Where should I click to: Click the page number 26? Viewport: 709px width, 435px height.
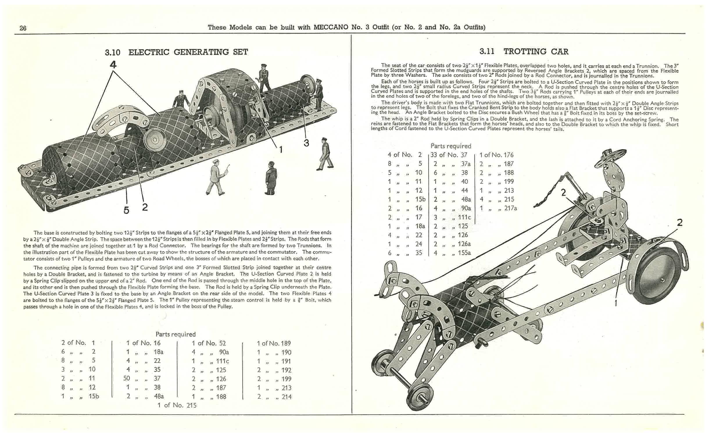tap(23, 28)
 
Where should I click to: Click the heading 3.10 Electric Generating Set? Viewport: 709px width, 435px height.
tap(176, 52)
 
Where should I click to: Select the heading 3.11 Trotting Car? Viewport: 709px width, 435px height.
tap(524, 51)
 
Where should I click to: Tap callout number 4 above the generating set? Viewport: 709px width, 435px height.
tap(113, 65)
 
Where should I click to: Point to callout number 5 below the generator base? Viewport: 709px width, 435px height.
tap(126, 210)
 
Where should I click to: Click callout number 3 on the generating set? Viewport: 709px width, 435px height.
tap(306, 143)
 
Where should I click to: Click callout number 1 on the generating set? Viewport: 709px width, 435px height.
tap(281, 149)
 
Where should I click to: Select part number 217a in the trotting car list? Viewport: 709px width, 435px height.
tap(510, 208)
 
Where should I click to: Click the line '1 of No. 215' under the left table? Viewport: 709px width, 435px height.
tap(177, 405)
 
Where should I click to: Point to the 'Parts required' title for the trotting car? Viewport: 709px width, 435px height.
tap(451, 146)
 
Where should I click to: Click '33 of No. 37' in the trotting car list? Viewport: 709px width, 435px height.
tap(449, 155)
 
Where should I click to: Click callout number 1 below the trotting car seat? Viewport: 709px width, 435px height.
tap(615, 303)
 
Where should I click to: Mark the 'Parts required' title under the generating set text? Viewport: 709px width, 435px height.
tap(176, 334)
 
